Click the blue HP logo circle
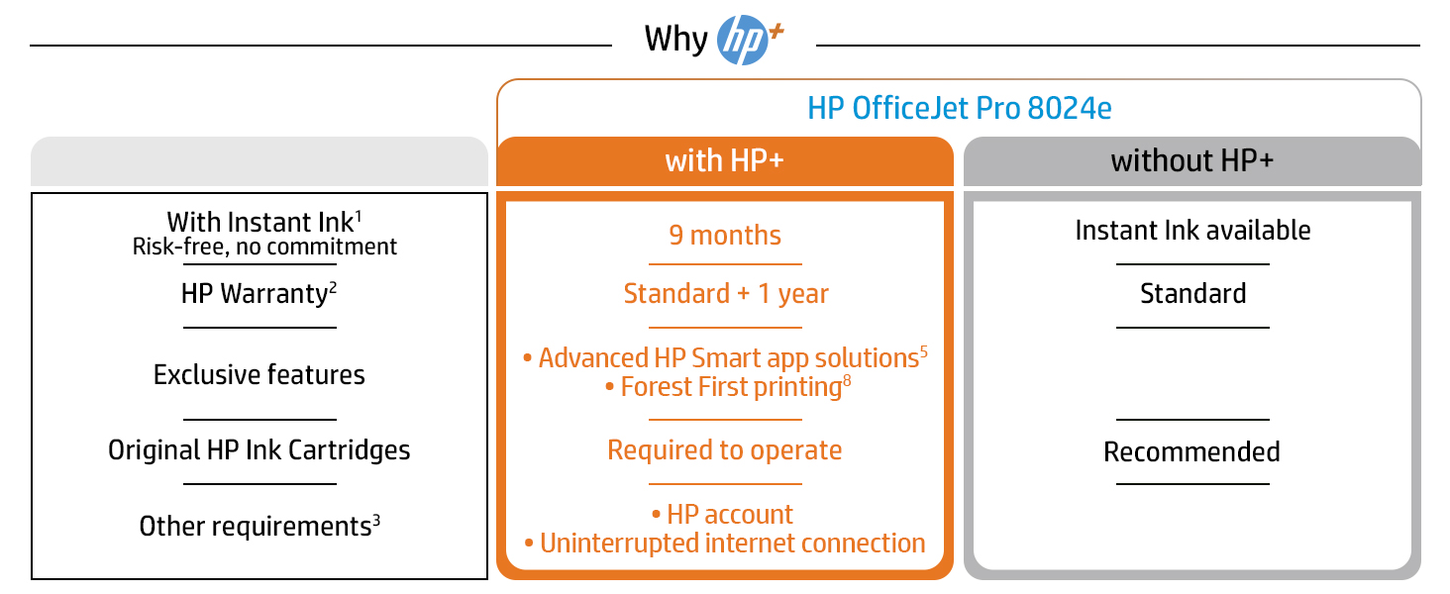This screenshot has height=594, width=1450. click(x=742, y=40)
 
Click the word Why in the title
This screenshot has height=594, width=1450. click(x=675, y=39)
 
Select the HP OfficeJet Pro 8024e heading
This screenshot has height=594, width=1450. click(x=960, y=108)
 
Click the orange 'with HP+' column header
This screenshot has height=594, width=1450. click(x=725, y=161)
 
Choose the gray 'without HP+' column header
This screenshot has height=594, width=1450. click(x=1192, y=161)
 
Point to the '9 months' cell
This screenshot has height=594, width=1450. click(x=725, y=236)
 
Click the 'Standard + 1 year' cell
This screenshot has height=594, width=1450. click(x=726, y=294)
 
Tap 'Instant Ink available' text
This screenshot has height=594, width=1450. click(x=1193, y=231)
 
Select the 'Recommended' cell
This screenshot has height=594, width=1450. click(x=1191, y=451)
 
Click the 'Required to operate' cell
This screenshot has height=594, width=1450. click(x=724, y=450)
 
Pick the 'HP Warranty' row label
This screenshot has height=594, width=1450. click(x=259, y=294)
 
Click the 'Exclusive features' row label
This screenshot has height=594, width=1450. click(x=259, y=374)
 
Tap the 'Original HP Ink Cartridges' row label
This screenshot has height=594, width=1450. click(x=259, y=450)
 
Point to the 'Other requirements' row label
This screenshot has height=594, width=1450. click(x=259, y=526)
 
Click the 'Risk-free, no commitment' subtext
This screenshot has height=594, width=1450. click(x=264, y=247)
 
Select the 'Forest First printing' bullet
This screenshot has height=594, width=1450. click(x=728, y=387)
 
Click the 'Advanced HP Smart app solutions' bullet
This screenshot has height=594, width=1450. click(x=726, y=357)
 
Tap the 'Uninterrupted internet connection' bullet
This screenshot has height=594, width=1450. click(x=725, y=544)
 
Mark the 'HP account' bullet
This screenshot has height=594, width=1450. click(x=722, y=515)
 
